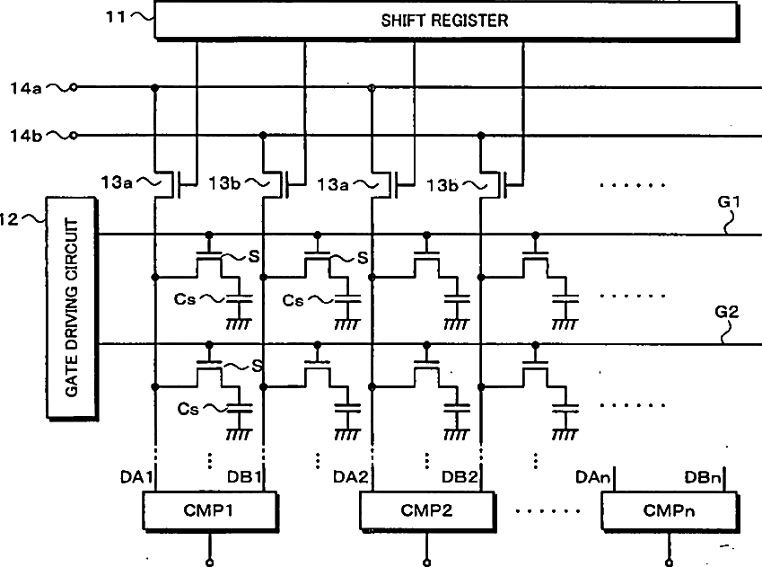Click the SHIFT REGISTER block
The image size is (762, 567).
(x=446, y=21)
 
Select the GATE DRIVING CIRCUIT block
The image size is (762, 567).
(x=72, y=308)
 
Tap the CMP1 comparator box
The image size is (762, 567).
(x=209, y=510)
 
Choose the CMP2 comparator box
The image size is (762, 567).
(x=426, y=510)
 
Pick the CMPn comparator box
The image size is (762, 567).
(x=670, y=510)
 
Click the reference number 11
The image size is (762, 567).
(x=116, y=17)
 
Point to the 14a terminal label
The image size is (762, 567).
(x=26, y=88)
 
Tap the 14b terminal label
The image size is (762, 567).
(x=26, y=136)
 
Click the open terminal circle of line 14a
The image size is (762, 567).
(x=74, y=87)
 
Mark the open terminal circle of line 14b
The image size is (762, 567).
(x=74, y=136)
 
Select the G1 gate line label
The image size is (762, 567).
(x=728, y=201)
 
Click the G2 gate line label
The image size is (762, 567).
(x=726, y=312)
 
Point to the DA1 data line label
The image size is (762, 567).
(x=136, y=477)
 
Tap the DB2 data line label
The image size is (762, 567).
(x=460, y=477)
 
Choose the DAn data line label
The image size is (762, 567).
(x=592, y=477)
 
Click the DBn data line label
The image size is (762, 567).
(x=702, y=477)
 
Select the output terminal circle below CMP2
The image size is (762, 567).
(x=426, y=563)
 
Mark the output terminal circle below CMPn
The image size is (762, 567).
(x=670, y=563)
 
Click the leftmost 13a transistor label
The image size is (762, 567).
(x=117, y=182)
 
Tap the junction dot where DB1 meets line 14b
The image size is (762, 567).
(x=263, y=136)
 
